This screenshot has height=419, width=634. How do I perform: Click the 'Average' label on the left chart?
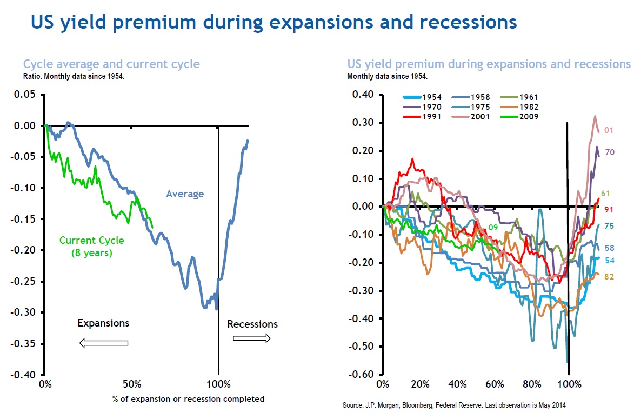coord(185,194)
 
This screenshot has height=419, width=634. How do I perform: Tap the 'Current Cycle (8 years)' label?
coord(91,246)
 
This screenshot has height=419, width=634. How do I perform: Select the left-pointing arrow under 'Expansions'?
coord(103,343)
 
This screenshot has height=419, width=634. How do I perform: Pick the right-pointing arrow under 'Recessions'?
coord(252,338)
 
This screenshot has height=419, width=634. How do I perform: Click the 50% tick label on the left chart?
coord(132,385)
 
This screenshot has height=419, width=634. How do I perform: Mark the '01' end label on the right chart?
coord(608,130)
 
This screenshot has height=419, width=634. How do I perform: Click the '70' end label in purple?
coord(609,152)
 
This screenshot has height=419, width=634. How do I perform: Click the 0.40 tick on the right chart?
coord(362,95)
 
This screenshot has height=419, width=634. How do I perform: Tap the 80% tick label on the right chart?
coord(532,385)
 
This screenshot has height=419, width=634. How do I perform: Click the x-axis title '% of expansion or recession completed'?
coord(189,399)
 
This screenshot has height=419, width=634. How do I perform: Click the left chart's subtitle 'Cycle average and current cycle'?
coord(111,64)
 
